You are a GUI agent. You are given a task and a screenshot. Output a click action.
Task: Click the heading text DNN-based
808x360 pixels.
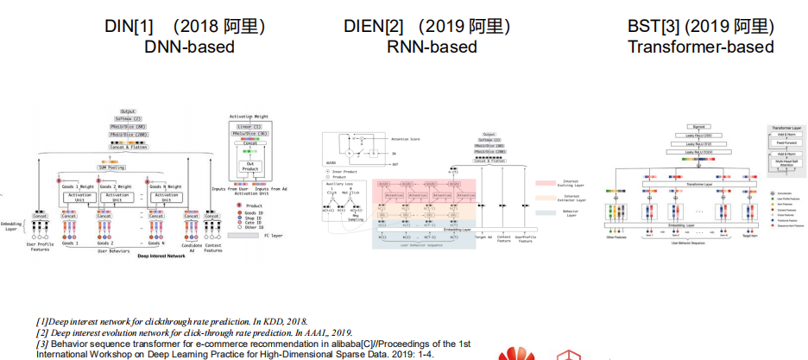point(189,47)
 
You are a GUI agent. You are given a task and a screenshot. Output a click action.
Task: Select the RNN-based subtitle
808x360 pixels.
point(432,47)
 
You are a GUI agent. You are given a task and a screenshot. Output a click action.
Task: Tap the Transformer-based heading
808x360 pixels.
point(700,47)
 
